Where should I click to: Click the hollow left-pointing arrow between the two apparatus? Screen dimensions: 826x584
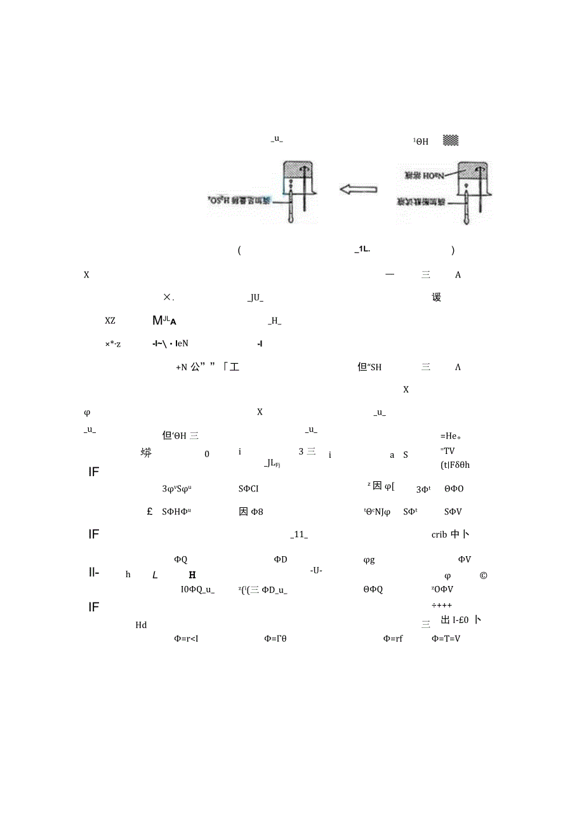[x=358, y=189]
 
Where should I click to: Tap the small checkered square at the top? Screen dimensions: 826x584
[x=451, y=141]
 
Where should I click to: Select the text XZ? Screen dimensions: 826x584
[x=110, y=321]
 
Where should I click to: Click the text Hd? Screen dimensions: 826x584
[x=141, y=625]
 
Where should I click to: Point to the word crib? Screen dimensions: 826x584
[x=439, y=535]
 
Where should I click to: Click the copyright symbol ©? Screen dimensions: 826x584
[x=483, y=576]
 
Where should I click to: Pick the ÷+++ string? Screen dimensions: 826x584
[x=442, y=605]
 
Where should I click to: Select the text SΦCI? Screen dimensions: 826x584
[x=248, y=489]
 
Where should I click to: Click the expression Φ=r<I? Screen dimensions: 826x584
[x=186, y=639]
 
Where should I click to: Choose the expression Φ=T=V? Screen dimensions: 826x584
[x=446, y=639]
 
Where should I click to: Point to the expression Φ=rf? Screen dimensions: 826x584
[x=393, y=639]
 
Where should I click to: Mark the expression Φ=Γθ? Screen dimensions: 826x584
[x=275, y=639]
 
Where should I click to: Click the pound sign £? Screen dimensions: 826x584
[x=150, y=512]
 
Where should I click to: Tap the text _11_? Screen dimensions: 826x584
[x=299, y=535]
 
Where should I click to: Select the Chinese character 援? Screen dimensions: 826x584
[x=437, y=297]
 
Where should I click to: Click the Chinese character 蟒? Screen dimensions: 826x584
[x=146, y=453]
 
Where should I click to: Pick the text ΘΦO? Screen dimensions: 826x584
[x=454, y=489]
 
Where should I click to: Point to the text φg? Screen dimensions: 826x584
[x=369, y=559]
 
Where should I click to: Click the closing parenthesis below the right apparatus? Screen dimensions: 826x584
[x=453, y=251]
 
